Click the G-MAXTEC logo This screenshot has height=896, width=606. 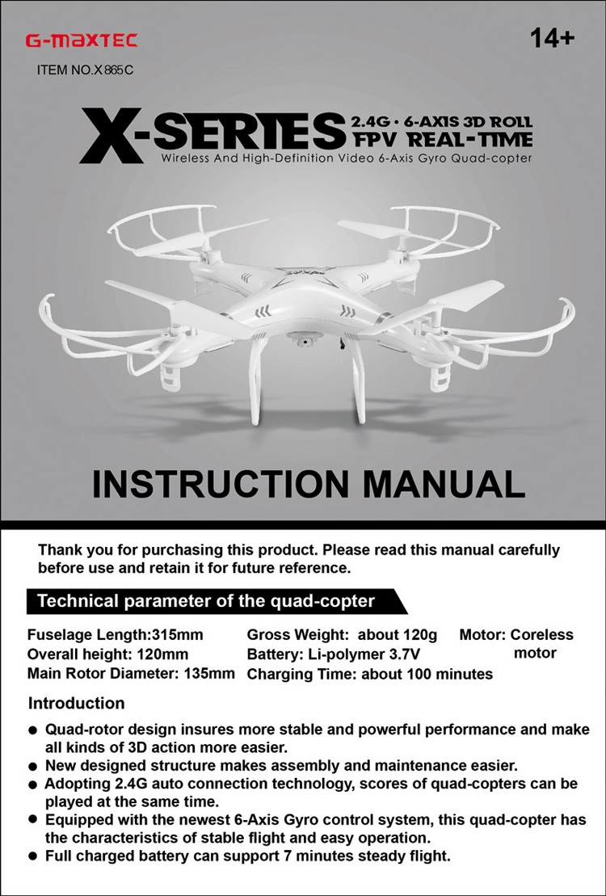coord(81,40)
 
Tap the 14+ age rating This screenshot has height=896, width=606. coord(553,38)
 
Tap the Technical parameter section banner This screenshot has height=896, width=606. coord(206,601)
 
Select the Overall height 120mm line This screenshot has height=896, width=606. coord(107,654)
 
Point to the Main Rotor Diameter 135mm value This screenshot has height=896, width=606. coord(213,673)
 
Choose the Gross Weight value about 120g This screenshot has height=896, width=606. coord(397,635)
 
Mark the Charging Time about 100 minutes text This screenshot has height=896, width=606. coord(427,674)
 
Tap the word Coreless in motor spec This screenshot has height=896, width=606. coord(541,635)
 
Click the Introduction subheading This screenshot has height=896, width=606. coord(77,703)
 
